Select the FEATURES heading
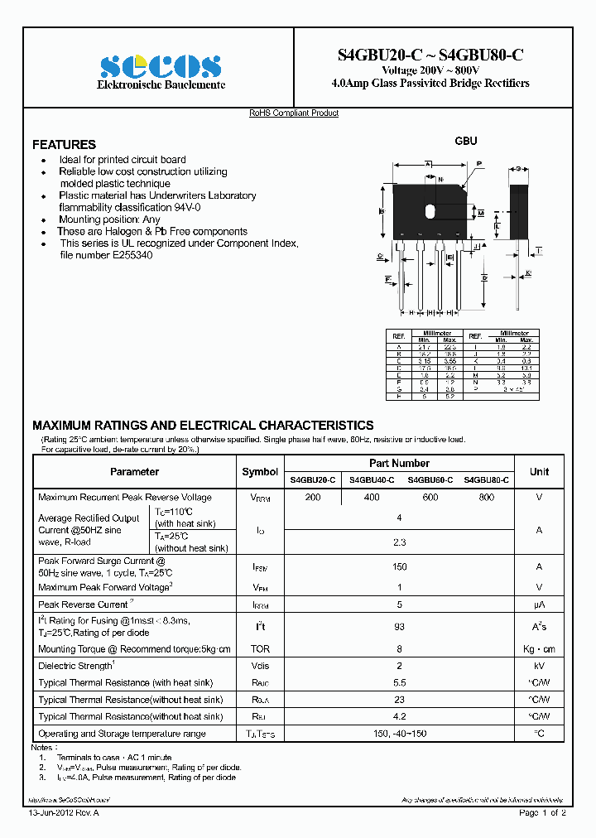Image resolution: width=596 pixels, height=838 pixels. (x=64, y=144)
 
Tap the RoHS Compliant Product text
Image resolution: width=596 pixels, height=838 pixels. (x=294, y=113)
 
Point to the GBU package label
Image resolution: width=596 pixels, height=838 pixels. (x=466, y=141)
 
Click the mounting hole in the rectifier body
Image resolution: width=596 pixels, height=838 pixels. (x=430, y=211)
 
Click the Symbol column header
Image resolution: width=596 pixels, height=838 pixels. (x=260, y=472)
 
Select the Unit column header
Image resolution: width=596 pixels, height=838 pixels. (x=539, y=472)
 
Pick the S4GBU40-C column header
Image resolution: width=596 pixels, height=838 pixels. (x=372, y=480)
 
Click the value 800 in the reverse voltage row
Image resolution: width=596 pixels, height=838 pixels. (x=487, y=498)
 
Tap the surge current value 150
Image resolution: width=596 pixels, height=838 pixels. (x=399, y=567)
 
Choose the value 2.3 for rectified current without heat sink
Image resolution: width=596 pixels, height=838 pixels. (x=399, y=542)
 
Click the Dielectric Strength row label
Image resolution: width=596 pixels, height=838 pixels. (x=75, y=666)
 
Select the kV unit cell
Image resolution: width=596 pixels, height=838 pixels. (x=539, y=666)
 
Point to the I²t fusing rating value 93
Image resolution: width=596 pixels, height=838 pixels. (x=399, y=627)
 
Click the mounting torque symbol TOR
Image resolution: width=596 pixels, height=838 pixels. (x=260, y=649)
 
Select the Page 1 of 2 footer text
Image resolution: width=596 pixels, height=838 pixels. (x=542, y=813)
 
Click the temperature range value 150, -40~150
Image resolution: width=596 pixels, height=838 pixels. (x=399, y=734)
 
